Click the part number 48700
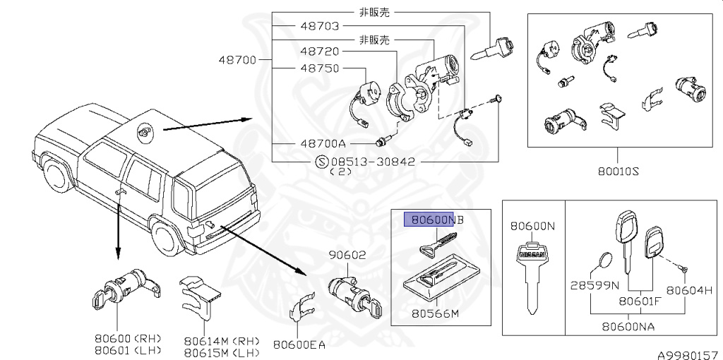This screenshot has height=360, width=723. pos(237,60)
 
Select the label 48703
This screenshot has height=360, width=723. pos(320,26)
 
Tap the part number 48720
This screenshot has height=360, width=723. pos(320,52)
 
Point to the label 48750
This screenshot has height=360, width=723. pos(320,68)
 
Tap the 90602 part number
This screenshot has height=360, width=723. pos(345,256)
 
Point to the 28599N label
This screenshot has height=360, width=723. pos(594,286)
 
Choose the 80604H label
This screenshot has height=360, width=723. pos(688,289)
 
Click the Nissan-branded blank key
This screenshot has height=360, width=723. pos(532,272)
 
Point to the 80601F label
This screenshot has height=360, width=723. pos(640,301)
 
